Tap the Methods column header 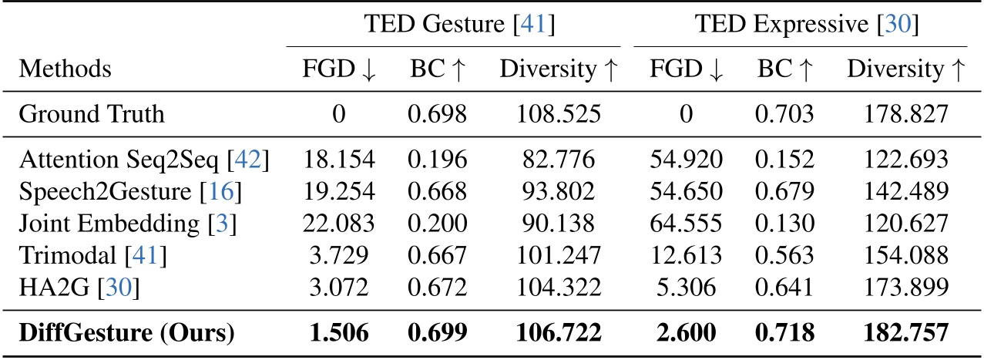click(65, 70)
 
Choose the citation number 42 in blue click(253, 160)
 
